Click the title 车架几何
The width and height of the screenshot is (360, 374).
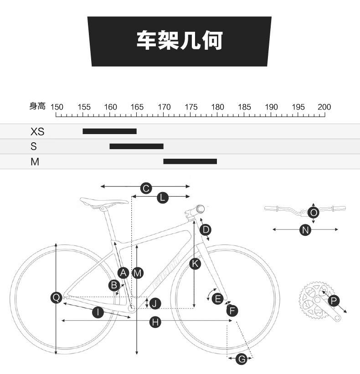(180, 40)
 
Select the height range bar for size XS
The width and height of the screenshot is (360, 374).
(110, 131)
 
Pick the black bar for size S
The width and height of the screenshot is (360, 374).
(137, 146)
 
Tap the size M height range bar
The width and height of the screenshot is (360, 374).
(190, 161)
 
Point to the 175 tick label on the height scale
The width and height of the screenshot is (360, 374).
(191, 107)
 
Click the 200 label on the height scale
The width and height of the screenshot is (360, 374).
(324, 107)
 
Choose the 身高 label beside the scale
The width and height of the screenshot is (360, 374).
(37, 106)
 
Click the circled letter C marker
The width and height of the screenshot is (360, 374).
(146, 188)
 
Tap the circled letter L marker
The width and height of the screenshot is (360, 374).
(163, 198)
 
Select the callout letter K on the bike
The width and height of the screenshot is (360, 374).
(195, 264)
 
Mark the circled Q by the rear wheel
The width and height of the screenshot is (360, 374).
(57, 298)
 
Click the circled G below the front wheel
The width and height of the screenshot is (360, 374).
(242, 359)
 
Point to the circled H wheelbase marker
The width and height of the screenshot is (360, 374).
(155, 322)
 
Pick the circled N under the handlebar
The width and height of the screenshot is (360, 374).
(305, 230)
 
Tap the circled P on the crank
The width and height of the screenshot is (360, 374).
(334, 301)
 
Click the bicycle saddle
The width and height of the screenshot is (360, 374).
(104, 202)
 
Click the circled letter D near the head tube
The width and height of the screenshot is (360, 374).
(206, 230)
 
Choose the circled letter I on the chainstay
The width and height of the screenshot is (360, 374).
(98, 312)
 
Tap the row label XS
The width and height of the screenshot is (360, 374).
(37, 131)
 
